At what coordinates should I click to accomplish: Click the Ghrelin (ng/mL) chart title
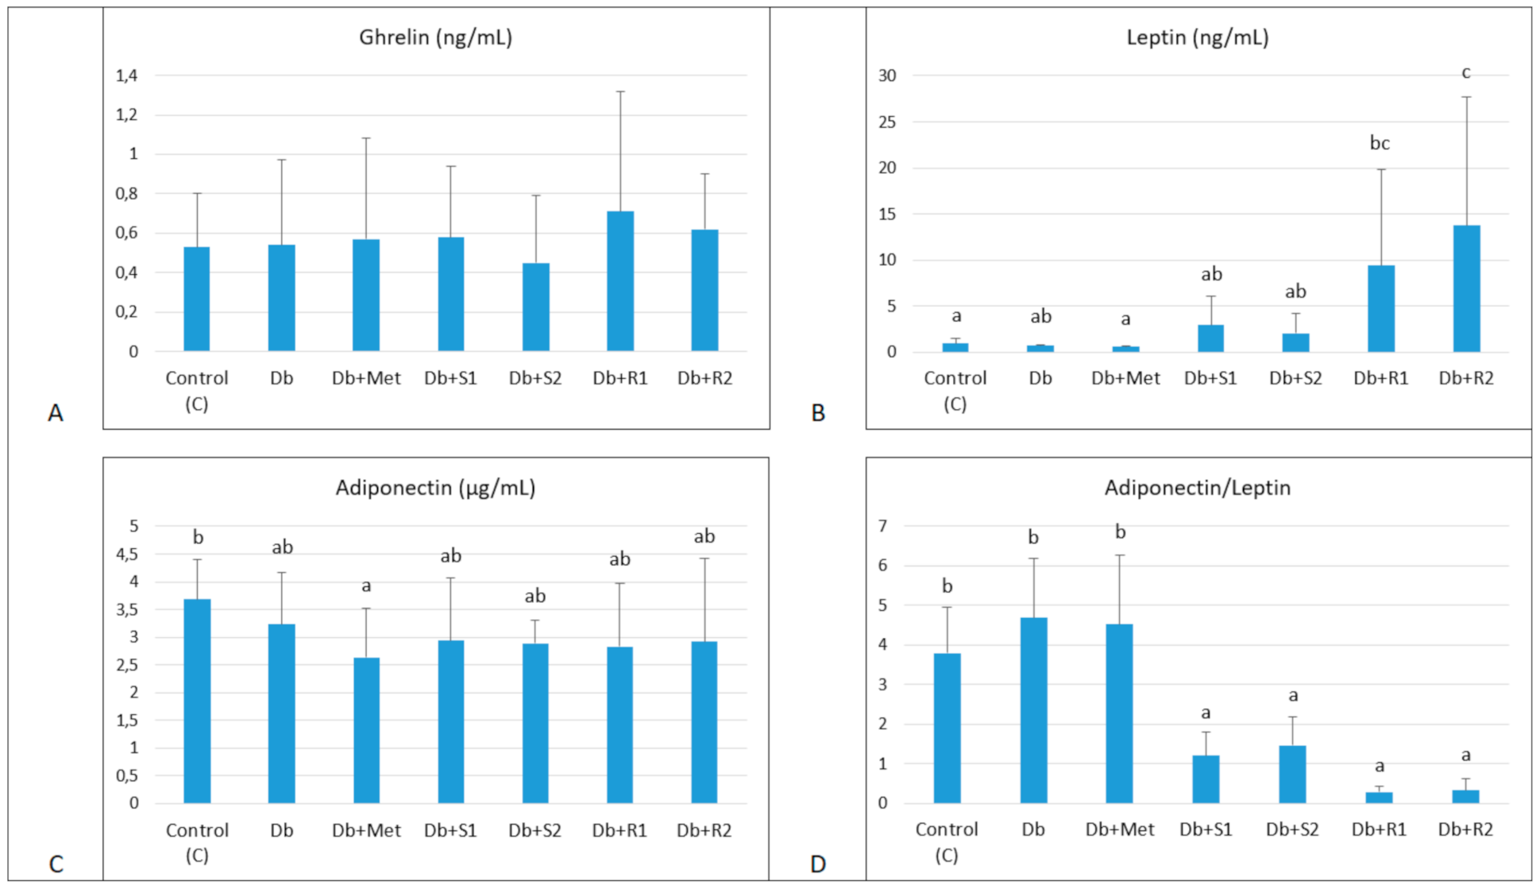pyautogui.click(x=435, y=37)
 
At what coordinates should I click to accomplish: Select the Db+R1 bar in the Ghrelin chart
pyautogui.click(x=620, y=281)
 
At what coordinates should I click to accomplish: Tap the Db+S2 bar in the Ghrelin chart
pyautogui.click(x=535, y=307)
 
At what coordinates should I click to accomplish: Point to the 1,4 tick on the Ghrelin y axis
pyautogui.click(x=127, y=75)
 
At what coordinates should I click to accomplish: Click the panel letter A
pyautogui.click(x=55, y=413)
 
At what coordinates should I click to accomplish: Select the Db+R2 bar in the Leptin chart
pyautogui.click(x=1466, y=289)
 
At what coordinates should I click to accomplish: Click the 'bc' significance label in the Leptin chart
pyautogui.click(x=1380, y=143)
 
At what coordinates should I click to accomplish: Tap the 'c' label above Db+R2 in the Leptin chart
pyautogui.click(x=1466, y=73)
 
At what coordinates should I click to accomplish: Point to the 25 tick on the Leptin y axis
pyautogui.click(x=887, y=122)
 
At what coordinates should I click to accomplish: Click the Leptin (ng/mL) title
pyautogui.click(x=1197, y=37)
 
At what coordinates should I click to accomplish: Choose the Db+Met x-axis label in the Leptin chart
pyautogui.click(x=1125, y=378)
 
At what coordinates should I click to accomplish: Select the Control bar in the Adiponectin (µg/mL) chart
pyautogui.click(x=197, y=701)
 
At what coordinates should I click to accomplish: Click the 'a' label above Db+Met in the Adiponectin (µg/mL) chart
pyautogui.click(x=366, y=586)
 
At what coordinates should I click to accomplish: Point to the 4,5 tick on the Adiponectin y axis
pyautogui.click(x=127, y=554)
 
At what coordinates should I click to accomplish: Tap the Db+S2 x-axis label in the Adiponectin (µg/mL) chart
pyautogui.click(x=535, y=830)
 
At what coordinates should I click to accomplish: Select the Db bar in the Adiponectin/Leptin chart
pyautogui.click(x=1033, y=710)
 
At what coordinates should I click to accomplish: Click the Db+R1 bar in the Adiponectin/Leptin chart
pyautogui.click(x=1380, y=797)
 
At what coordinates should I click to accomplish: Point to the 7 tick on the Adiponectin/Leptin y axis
pyautogui.click(x=883, y=526)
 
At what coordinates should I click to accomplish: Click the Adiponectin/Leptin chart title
pyautogui.click(x=1197, y=488)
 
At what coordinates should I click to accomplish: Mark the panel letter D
pyautogui.click(x=817, y=864)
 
